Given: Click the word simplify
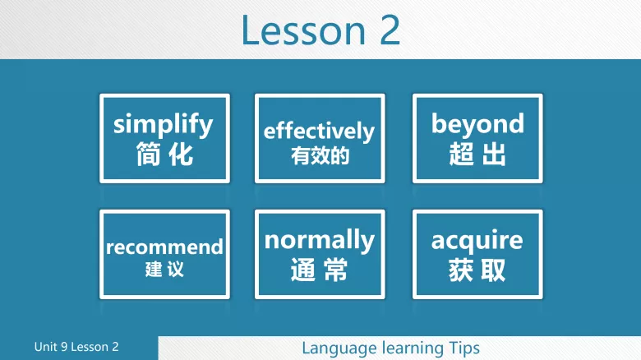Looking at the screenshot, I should point(164,124).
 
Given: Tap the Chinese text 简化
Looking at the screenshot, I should point(164,154).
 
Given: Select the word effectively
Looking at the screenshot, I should point(319,131).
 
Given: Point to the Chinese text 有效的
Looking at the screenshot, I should point(320,155).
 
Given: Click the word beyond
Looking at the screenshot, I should point(477,124).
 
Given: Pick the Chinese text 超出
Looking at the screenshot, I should point(477,154).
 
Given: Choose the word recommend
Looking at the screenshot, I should point(164,247).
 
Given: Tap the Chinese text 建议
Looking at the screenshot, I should point(164,269).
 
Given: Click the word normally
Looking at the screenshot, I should point(319,240).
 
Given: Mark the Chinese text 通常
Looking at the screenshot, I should point(319,270).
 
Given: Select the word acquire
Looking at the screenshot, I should point(477,240).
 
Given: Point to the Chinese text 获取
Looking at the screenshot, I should point(477,270).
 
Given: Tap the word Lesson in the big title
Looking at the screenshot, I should point(303,30).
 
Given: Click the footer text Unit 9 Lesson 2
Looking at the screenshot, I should point(76,347).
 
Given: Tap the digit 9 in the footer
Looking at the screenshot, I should point(63,347).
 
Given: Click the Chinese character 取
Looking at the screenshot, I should point(493,270).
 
